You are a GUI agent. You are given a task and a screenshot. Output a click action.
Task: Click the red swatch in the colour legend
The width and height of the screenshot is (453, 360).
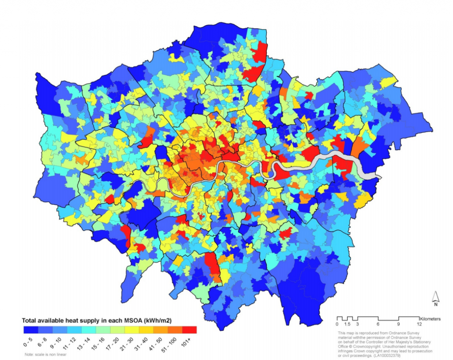[189, 330]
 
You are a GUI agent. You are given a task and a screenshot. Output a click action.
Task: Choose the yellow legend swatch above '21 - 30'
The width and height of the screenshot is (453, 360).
[132, 330]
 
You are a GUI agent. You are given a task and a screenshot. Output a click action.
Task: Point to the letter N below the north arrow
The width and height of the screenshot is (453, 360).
[435, 305]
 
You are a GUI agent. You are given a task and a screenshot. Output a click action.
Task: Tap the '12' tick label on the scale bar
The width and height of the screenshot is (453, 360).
[418, 324]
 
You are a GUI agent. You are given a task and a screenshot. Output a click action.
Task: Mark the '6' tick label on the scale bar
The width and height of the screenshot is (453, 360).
[378, 324]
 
